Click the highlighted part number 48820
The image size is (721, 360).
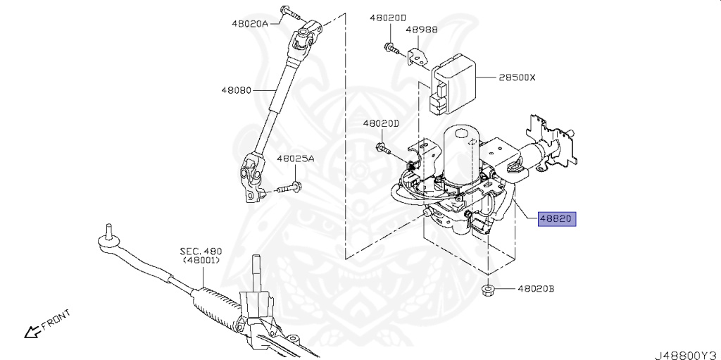tap(557, 218)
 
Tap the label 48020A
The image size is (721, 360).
tap(249, 23)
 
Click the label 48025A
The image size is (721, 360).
tap(295, 160)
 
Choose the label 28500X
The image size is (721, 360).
tap(518, 77)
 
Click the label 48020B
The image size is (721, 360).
tap(536, 289)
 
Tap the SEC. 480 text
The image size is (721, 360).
tap(200, 251)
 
